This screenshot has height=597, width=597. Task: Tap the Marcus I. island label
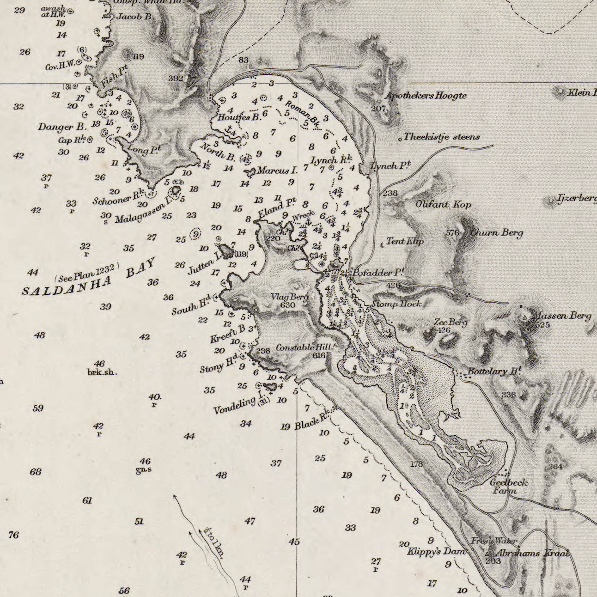pos(277,171)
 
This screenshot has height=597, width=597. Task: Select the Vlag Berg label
pos(289,297)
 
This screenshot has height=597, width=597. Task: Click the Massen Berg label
pos(561,316)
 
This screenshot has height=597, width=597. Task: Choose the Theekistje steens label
pos(441,137)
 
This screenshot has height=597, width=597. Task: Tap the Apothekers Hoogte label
pos(426,96)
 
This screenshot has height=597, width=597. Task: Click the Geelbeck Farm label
pos(508,486)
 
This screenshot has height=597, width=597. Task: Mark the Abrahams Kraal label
pos(532,553)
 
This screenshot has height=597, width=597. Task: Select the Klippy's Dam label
pos(436,551)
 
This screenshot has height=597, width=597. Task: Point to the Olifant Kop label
pos(443,204)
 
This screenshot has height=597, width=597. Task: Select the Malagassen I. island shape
pos(176,190)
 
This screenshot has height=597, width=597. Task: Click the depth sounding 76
pos(13,535)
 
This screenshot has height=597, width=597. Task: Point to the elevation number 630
pos(287,305)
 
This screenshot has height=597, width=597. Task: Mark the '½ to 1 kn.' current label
pos(213,542)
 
